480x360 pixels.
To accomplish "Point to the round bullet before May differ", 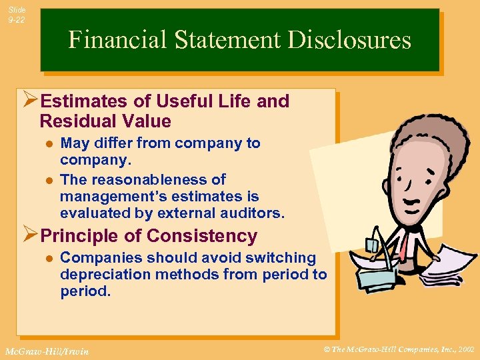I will click(47, 143).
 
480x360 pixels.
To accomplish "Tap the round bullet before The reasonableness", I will click(47, 180).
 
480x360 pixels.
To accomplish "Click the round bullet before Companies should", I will click(47, 258).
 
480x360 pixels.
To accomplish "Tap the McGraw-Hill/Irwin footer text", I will click(46, 351).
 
